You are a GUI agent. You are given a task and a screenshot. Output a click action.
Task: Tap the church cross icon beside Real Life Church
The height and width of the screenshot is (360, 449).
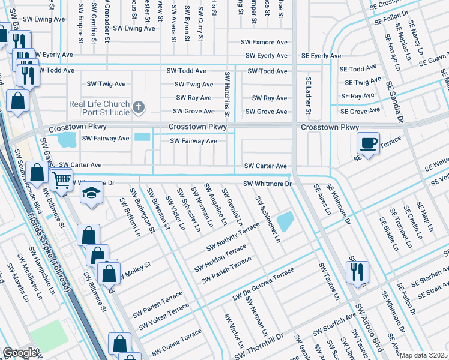139,108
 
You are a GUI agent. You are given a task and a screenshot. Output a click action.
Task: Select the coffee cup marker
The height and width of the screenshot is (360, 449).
367,143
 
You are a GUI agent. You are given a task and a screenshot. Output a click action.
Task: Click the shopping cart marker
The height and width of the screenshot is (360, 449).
61,179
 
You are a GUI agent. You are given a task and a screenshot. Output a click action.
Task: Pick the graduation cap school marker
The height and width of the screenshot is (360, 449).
91,193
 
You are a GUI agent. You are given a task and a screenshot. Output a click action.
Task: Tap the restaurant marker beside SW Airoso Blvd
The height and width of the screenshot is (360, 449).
357,270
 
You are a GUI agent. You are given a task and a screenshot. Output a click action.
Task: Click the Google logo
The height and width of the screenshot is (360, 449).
20,353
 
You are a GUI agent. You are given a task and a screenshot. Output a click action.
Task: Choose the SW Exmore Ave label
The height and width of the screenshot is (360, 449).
264,43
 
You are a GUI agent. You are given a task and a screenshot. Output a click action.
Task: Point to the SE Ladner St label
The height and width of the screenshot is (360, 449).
309,95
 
